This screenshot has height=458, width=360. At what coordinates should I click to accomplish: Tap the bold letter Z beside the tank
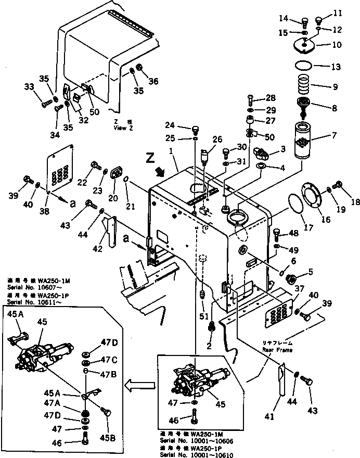click(151, 157)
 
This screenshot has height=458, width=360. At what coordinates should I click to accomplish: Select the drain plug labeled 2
click(212, 328)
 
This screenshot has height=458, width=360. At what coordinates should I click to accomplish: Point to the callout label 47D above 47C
click(110, 341)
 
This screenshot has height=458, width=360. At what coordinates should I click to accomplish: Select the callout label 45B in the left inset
click(108, 438)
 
